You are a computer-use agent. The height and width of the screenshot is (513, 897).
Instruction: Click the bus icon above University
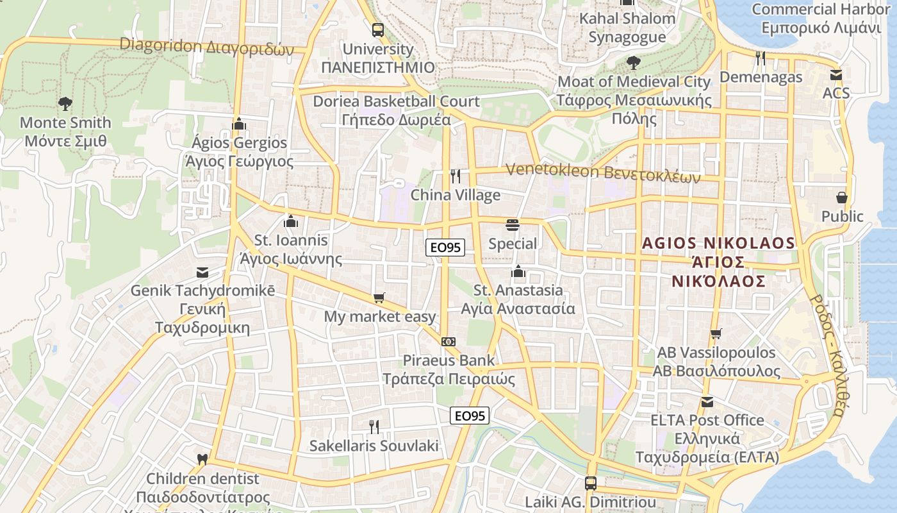point(378,29)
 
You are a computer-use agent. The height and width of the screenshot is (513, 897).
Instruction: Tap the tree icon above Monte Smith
point(65,103)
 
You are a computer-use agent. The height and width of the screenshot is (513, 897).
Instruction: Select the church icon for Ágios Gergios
point(239,123)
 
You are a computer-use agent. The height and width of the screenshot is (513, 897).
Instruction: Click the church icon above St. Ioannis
point(291,221)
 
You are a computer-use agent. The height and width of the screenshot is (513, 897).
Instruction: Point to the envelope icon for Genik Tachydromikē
point(202,272)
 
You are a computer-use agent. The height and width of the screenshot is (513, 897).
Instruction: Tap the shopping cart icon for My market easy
point(379,298)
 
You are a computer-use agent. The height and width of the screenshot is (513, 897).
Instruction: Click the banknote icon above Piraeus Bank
point(448,342)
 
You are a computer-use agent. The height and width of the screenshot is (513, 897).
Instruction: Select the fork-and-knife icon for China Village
point(456,176)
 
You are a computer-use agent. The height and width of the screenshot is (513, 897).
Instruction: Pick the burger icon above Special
point(513,224)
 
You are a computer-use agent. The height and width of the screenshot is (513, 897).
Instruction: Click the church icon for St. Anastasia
point(518,272)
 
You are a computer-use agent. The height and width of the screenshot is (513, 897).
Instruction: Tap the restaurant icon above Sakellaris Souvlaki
point(374,426)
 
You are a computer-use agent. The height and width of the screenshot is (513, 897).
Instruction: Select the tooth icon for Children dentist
point(202,459)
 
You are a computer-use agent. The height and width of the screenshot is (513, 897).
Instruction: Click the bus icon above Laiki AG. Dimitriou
point(591,483)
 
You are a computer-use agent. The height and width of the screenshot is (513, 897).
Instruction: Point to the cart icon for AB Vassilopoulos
point(716,333)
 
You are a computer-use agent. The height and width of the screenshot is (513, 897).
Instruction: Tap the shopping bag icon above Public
point(842,198)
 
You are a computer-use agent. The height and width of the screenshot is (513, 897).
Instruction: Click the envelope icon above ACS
point(835,74)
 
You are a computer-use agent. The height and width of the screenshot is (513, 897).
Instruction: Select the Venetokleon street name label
point(603,172)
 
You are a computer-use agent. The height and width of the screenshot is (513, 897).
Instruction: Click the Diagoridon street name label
point(206,46)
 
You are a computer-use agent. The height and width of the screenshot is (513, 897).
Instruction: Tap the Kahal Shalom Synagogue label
point(627,28)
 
